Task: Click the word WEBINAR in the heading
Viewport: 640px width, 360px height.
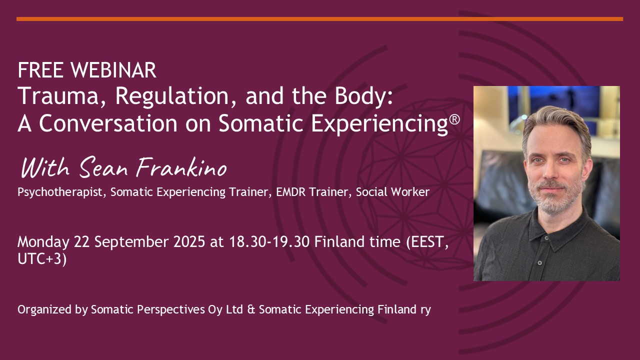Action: (113, 70)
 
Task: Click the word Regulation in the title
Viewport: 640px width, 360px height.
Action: (176, 96)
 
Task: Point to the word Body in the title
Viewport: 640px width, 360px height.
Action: (360, 96)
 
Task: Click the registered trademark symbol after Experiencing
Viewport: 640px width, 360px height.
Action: (454, 119)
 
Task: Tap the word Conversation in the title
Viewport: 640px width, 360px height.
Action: (108, 123)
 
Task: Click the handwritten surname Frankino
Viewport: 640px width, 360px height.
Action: (181, 167)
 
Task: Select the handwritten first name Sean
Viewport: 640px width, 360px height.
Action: (103, 168)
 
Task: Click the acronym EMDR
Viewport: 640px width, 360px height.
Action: (290, 191)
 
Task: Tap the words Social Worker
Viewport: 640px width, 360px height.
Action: (392, 191)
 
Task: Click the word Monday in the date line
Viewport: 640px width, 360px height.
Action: (43, 242)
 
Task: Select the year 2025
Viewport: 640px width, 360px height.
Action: (189, 241)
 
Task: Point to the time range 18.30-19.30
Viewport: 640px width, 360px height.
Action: (269, 241)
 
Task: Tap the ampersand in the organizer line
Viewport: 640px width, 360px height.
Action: (251, 309)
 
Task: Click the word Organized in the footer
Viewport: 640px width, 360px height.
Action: (44, 310)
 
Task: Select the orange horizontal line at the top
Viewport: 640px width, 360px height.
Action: (319, 19)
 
